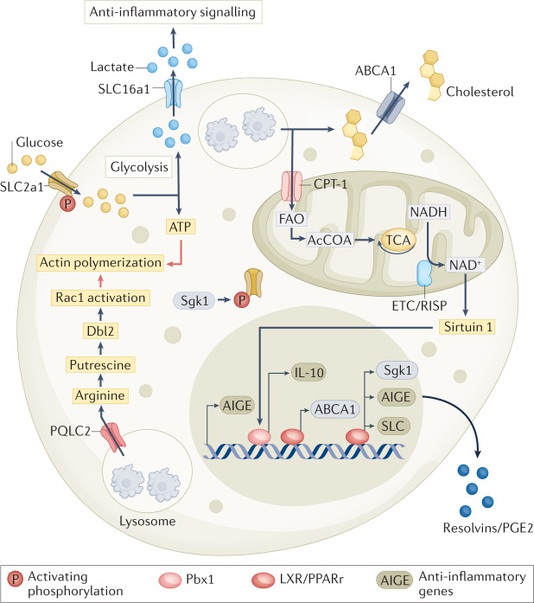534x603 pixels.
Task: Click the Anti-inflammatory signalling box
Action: coord(170,12)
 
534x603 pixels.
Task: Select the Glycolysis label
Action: coord(136,164)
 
